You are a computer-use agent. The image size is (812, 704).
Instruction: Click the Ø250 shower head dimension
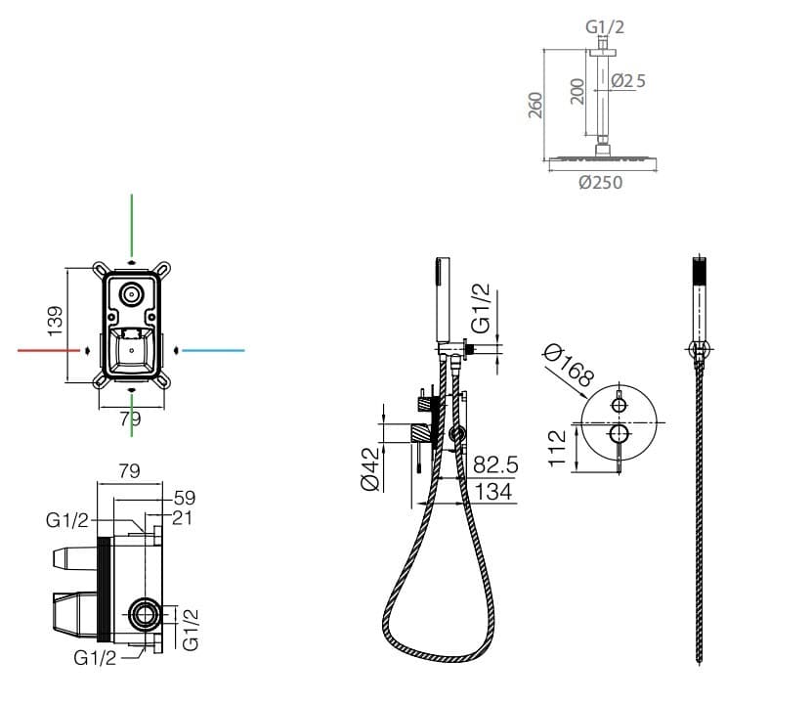pyautogui.click(x=600, y=182)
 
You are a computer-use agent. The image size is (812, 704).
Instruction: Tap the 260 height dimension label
pyautogui.click(x=535, y=106)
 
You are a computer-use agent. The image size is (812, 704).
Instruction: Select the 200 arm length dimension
pyautogui.click(x=577, y=91)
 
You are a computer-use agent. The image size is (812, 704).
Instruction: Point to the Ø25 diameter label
pyautogui.click(x=628, y=81)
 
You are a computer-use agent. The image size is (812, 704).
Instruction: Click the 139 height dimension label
pyautogui.click(x=55, y=321)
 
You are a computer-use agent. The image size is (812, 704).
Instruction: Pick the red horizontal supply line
pyautogui.click(x=49, y=350)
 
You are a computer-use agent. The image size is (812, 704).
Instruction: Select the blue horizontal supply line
pyautogui.click(x=213, y=351)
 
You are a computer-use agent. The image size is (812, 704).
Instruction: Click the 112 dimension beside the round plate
pyautogui.click(x=558, y=448)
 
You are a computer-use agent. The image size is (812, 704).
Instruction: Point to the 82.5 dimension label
pyautogui.click(x=495, y=464)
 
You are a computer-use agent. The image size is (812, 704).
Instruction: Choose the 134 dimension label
pyautogui.click(x=493, y=492)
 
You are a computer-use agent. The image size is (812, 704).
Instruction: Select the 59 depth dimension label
pyautogui.click(x=185, y=498)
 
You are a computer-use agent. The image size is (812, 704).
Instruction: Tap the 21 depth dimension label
pyautogui.click(x=182, y=517)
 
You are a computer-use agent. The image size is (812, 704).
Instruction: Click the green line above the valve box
pyautogui.click(x=132, y=225)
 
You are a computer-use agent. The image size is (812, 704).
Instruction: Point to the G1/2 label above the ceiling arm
pyautogui.click(x=605, y=26)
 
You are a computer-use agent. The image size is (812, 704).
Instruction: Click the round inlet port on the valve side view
pyautogui.click(x=143, y=614)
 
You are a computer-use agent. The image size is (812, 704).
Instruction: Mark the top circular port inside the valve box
pyautogui.click(x=132, y=294)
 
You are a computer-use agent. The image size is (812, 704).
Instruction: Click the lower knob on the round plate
pyautogui.click(x=619, y=434)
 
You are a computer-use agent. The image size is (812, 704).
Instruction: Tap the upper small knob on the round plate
pyautogui.click(x=620, y=405)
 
